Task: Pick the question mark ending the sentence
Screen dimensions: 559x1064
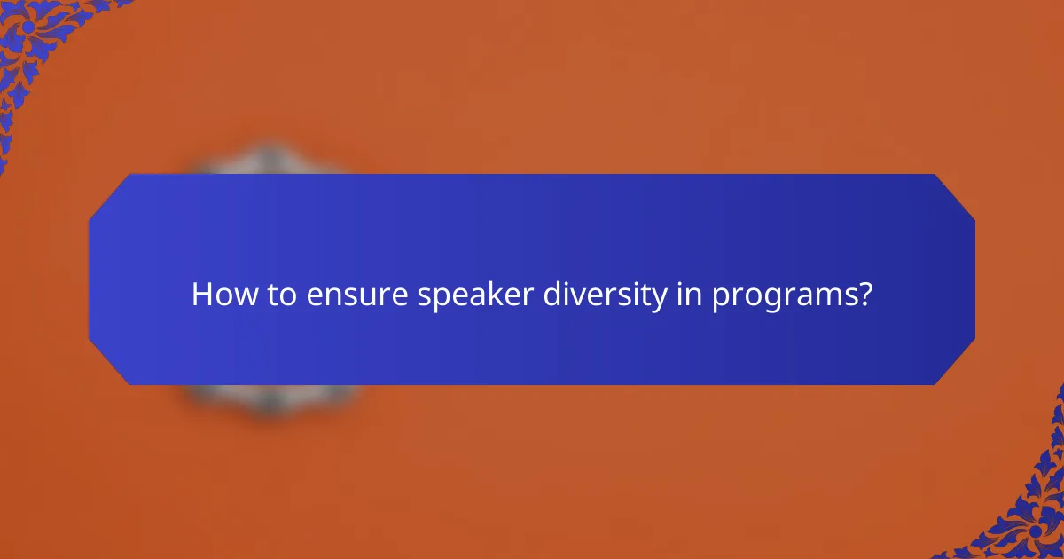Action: pyautogui.click(x=864, y=295)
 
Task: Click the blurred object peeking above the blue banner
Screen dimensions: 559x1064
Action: pyautogui.click(x=270, y=160)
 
